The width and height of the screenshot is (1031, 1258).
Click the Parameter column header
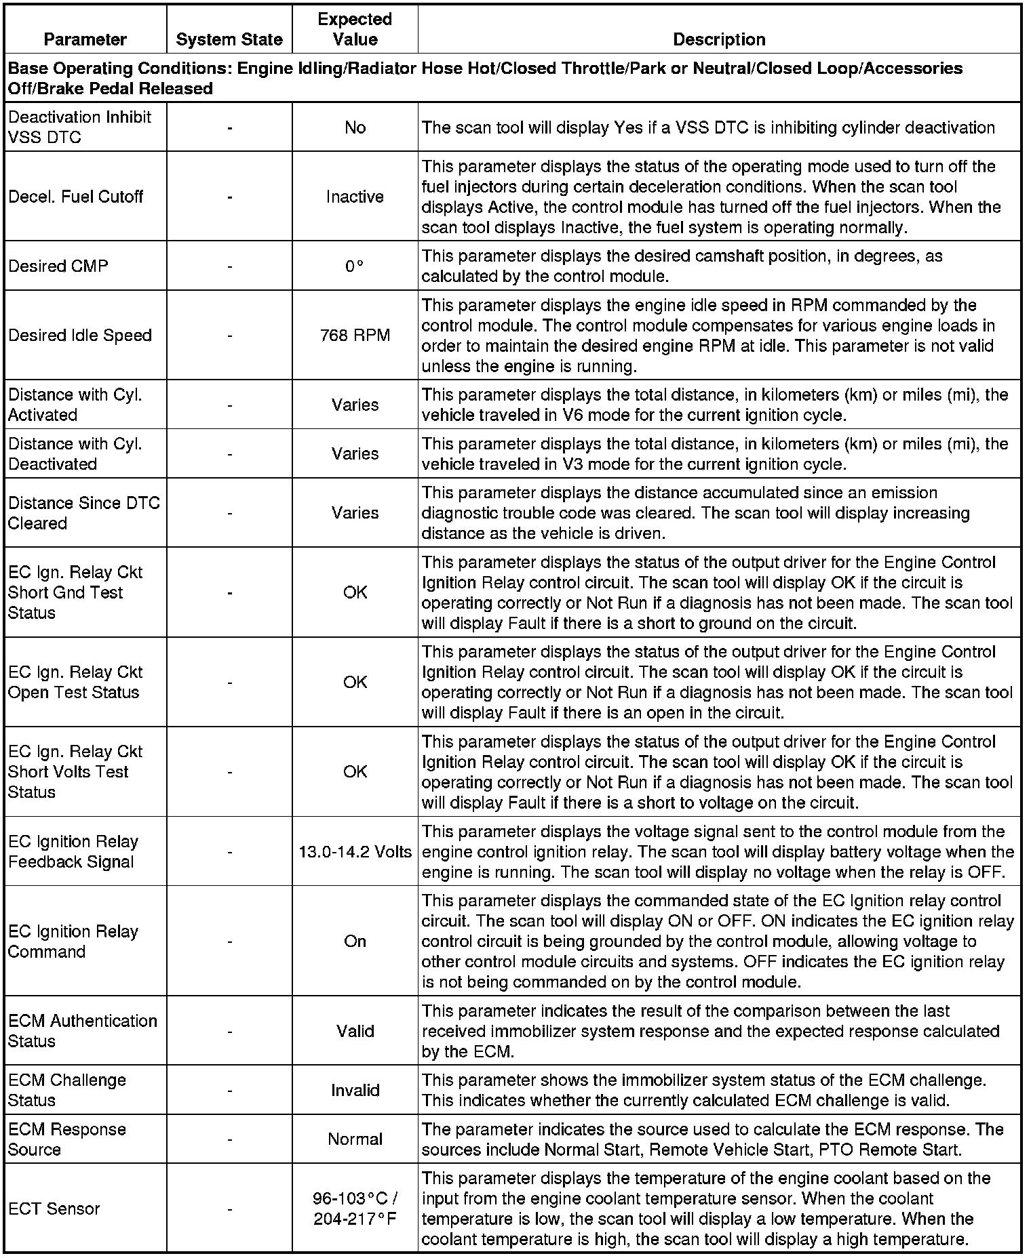(85, 39)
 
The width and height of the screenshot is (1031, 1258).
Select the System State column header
(229, 39)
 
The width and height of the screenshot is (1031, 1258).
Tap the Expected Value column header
(355, 29)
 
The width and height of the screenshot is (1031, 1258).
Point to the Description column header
(719, 39)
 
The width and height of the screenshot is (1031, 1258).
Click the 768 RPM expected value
(355, 336)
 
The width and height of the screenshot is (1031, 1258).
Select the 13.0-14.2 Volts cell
(355, 851)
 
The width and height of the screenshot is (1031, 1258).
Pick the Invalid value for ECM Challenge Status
(355, 1090)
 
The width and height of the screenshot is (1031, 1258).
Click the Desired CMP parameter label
(58, 266)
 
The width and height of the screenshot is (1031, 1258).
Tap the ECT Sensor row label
(54, 1209)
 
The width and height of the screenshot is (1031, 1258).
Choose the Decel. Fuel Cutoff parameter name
(76, 197)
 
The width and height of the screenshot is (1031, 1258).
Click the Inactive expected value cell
(355, 197)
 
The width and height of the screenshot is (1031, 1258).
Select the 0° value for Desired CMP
(355, 266)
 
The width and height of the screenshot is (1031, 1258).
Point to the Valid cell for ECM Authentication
(355, 1031)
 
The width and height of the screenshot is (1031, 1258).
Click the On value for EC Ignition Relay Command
(355, 941)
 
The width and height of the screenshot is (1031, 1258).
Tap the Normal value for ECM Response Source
(355, 1139)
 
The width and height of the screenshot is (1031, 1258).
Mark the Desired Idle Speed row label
(80, 336)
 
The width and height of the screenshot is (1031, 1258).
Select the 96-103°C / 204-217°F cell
(355, 1209)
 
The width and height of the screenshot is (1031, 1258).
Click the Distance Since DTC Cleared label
(84, 513)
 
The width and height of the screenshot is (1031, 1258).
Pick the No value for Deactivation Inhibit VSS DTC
(355, 127)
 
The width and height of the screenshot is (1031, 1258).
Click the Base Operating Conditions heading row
(485, 78)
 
